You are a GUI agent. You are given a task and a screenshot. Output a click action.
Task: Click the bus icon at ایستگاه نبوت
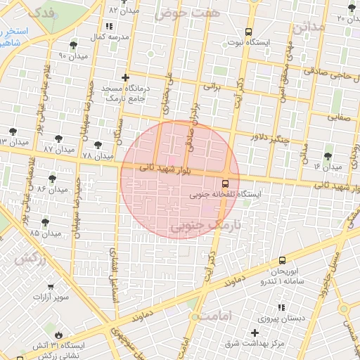tap(248, 32)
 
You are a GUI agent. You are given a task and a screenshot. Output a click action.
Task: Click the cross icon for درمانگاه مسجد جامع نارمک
tap(125, 77)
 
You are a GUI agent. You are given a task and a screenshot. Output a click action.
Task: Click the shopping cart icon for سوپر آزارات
tap(50, 287)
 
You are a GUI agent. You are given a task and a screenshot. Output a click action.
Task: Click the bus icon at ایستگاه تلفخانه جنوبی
tap(225, 184)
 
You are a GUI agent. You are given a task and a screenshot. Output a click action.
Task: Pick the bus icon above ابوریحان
tap(282, 260)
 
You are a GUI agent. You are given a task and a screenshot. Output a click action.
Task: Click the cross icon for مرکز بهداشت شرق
tap(254, 332)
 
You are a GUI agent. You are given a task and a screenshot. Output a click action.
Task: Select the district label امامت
tap(214, 316)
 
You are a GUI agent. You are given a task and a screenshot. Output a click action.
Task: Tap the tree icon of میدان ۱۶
tap(328, 156)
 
